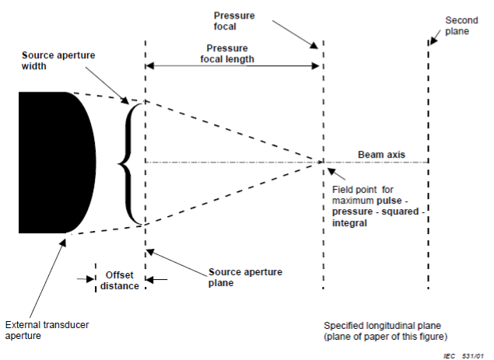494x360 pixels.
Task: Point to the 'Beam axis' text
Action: pos(381,155)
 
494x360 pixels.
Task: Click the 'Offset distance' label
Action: pos(120,280)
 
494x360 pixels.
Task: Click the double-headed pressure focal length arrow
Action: pos(233,68)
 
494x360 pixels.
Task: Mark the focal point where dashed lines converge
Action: pos(322,162)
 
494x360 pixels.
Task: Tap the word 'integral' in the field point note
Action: pos(350,222)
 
